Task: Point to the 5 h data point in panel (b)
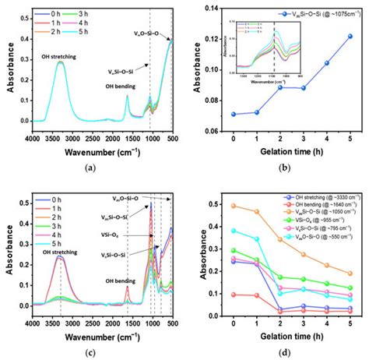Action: coord(350,36)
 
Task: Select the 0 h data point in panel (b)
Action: coord(233,114)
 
